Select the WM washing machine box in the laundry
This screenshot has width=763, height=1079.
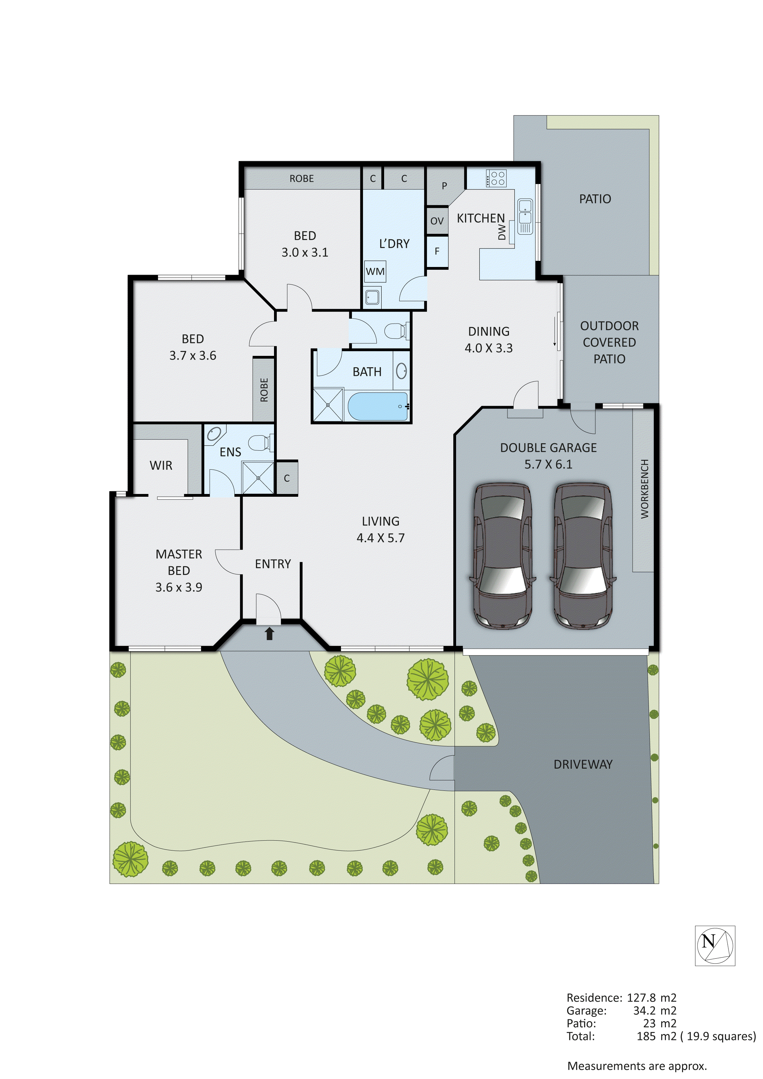(x=375, y=272)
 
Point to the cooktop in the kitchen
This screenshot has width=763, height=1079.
(x=496, y=178)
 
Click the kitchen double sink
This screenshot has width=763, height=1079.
(x=525, y=212)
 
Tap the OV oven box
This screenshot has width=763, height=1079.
(x=437, y=221)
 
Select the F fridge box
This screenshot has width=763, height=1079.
(x=437, y=251)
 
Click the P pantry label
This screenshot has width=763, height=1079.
(x=444, y=186)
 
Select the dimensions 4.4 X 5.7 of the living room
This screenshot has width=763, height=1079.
(x=380, y=538)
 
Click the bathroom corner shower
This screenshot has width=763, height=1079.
(x=328, y=404)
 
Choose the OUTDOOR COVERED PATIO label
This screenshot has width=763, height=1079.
(x=609, y=342)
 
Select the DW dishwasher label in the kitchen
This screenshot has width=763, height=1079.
(x=502, y=232)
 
